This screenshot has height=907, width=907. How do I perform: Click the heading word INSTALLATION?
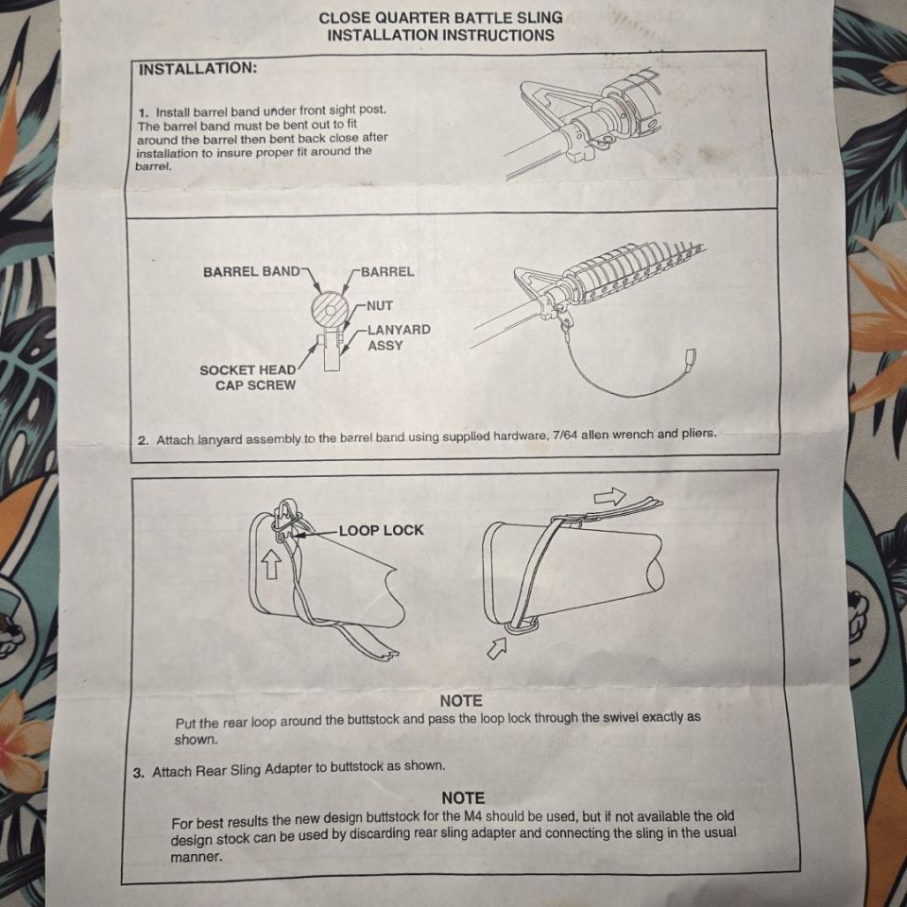tap(197, 68)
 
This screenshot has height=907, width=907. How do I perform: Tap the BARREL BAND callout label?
tap(251, 271)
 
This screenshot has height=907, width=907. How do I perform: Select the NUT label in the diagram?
tap(380, 305)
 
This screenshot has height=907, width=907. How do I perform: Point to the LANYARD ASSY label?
tap(399, 337)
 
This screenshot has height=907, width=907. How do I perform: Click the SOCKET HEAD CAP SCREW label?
tap(248, 378)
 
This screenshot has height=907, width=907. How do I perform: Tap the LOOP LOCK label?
tap(381, 530)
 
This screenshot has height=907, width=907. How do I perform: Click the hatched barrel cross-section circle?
tap(329, 310)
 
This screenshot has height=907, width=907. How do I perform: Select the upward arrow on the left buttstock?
tap(272, 564)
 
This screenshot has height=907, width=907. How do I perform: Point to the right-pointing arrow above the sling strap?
tap(609, 496)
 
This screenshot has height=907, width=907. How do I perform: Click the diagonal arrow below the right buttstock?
tap(496, 647)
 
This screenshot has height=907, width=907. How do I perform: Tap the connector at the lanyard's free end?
tap(690, 357)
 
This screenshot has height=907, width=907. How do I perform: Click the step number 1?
tap(143, 111)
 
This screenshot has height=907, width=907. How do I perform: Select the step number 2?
tap(143, 440)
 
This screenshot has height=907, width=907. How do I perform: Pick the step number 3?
tap(138, 773)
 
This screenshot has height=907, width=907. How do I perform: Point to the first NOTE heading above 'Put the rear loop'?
tap(461, 701)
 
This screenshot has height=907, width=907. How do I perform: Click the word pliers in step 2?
tap(697, 434)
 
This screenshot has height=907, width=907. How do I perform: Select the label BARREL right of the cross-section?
tap(387, 271)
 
